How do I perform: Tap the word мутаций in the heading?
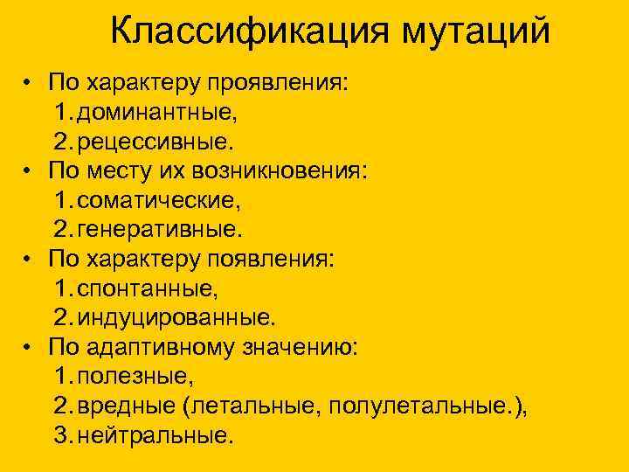[x=477, y=32]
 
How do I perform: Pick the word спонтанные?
[x=148, y=288]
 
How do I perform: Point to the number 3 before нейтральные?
[x=60, y=435]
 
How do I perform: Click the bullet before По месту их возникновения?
[x=29, y=171]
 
